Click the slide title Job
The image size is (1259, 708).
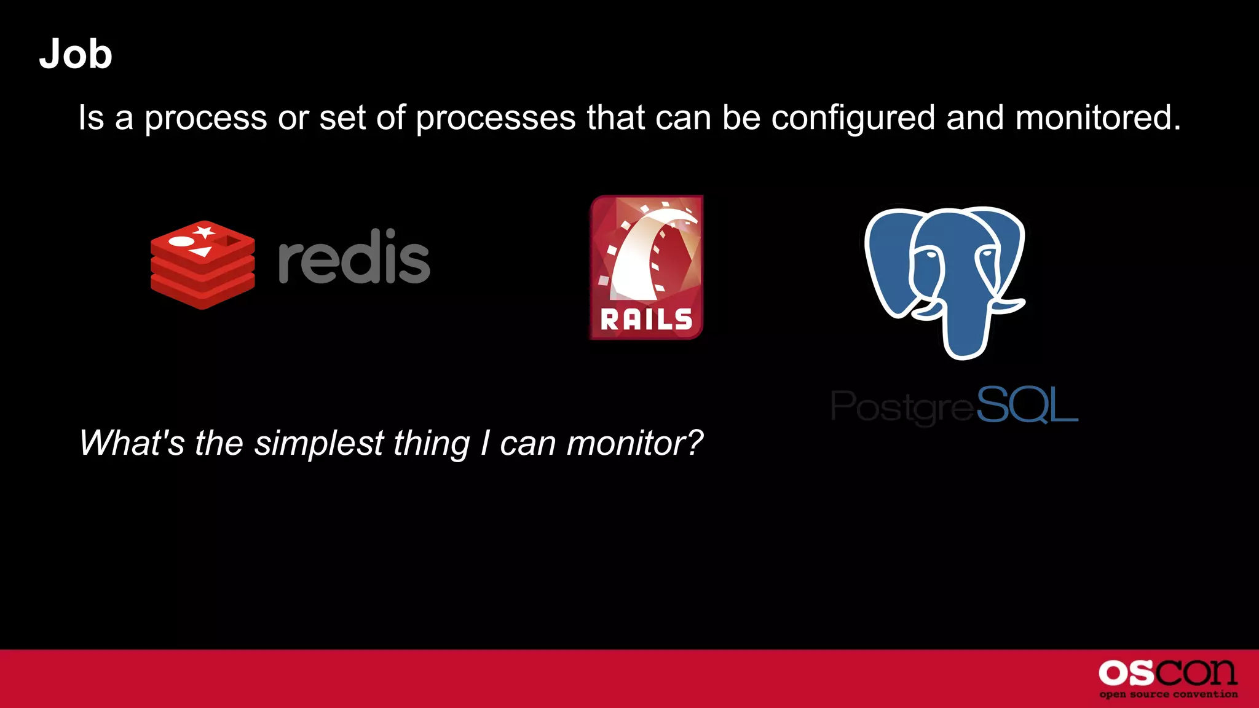[76, 54]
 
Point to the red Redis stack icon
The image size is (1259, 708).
[202, 265]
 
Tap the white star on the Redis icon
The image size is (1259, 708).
[204, 232]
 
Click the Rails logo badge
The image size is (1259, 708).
[646, 267]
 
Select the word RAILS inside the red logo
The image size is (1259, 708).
[646, 320]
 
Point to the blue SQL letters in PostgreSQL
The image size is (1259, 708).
[1027, 405]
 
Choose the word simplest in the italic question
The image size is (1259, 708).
[319, 444]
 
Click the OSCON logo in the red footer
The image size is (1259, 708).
[1167, 674]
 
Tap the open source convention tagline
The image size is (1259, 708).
[1168, 694]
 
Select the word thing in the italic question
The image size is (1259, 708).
[432, 444]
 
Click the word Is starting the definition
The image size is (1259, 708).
[91, 117]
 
